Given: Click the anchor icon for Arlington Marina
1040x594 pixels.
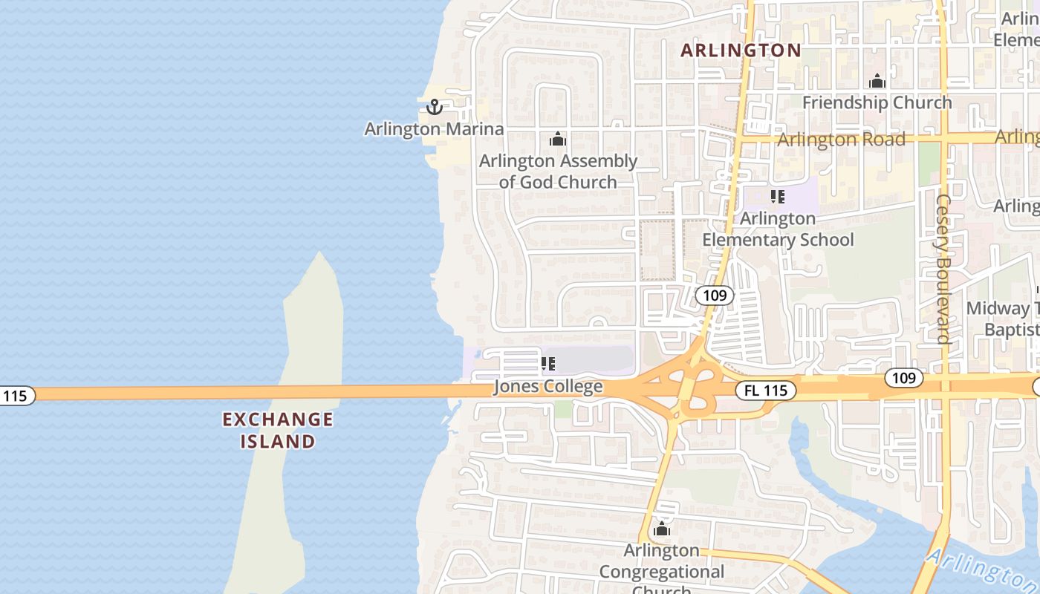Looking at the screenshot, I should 434,108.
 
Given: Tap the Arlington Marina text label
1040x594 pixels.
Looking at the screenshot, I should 434,129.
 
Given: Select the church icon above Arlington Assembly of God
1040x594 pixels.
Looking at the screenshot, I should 558,139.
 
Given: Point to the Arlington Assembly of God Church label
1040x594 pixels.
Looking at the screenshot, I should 558,172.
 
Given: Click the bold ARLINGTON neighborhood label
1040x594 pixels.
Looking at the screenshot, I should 741,50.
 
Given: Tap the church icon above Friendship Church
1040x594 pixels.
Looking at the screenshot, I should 877,81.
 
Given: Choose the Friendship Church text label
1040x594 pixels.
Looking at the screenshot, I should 877,102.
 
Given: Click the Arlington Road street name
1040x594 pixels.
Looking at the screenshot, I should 841,140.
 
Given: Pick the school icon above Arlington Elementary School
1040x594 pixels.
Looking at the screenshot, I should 778,197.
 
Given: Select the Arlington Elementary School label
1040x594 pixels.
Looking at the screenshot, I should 778,229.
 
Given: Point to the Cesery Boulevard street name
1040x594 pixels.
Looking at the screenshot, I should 943,269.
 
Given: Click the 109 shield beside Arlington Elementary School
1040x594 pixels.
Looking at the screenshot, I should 715,296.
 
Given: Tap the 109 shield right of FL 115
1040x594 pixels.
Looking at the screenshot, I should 903,378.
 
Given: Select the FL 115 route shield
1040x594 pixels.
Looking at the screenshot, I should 766,390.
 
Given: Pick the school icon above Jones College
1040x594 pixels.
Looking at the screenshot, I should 548,364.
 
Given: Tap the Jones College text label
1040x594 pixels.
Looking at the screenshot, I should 548,387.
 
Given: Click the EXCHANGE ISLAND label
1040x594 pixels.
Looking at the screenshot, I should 278,431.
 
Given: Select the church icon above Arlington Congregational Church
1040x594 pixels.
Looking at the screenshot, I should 661,529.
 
